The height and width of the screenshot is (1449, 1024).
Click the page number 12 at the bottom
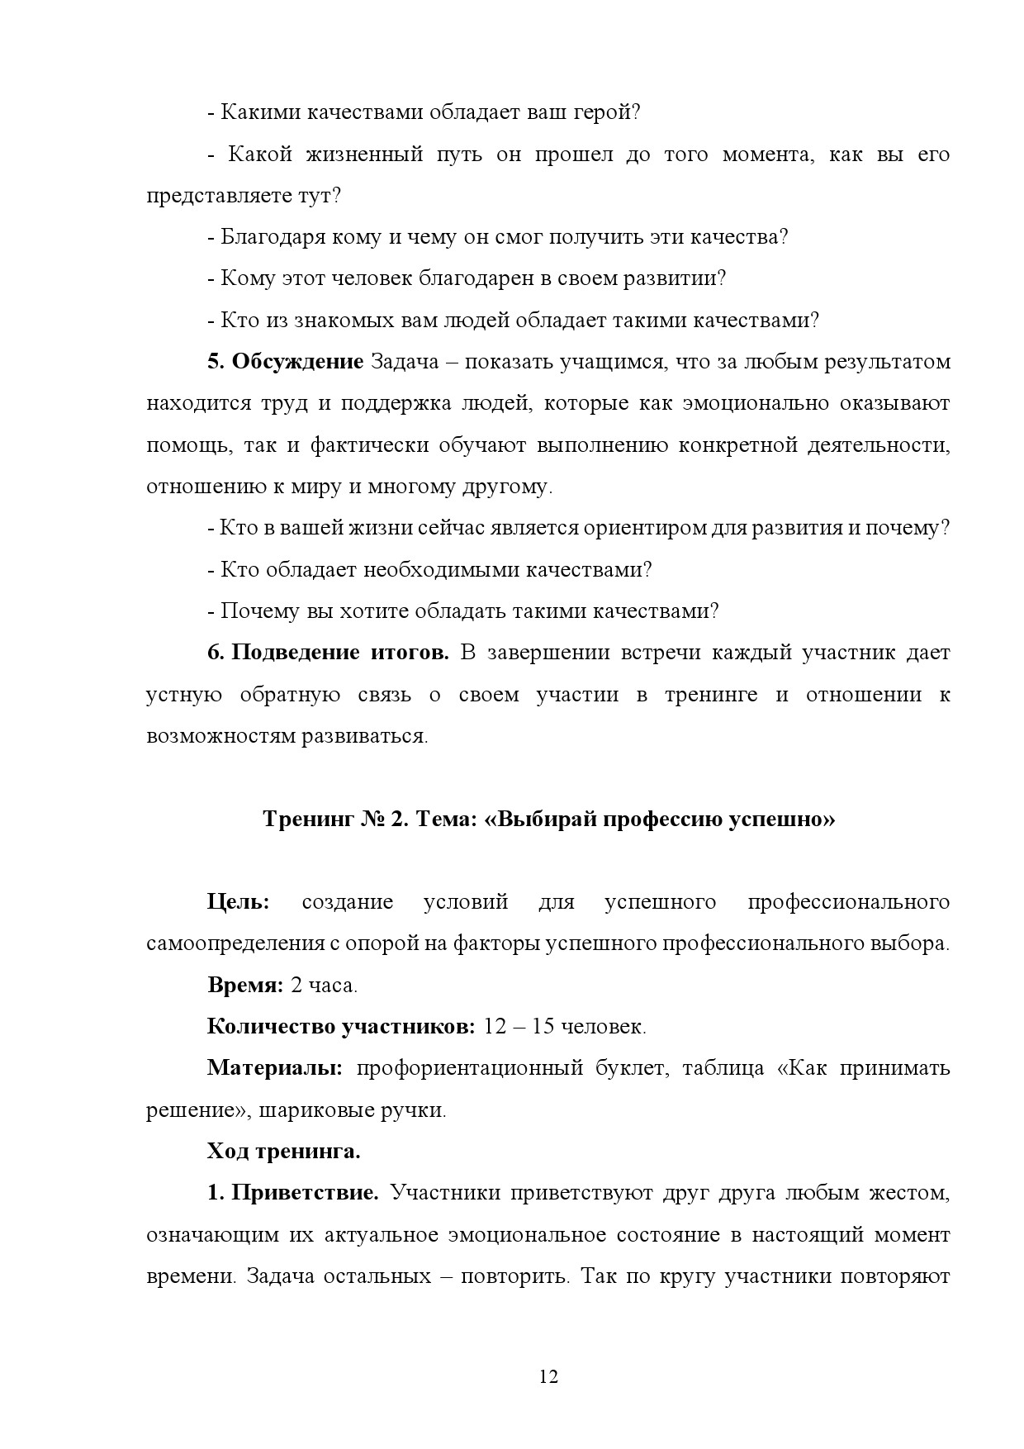(548, 1376)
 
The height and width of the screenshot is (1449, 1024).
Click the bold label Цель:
(238, 902)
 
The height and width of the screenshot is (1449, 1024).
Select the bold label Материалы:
(275, 1068)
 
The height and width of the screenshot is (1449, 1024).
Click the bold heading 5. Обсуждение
(285, 362)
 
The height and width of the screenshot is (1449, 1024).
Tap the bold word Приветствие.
(305, 1193)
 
